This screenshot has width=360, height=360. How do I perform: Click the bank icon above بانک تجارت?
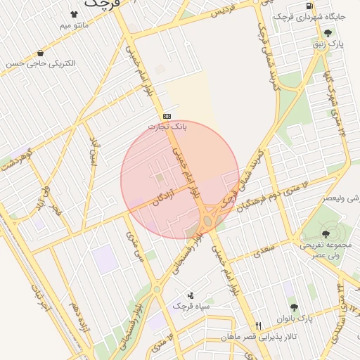(167, 116)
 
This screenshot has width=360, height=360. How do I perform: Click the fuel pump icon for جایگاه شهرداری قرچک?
(310, 6)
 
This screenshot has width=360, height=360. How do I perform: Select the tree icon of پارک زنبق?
(328, 33)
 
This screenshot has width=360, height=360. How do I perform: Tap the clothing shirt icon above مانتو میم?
(75, 14)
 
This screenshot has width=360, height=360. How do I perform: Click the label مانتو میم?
(75, 26)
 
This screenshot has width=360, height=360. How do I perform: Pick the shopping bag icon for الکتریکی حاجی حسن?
(40, 53)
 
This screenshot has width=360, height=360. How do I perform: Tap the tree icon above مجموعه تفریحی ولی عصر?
(326, 233)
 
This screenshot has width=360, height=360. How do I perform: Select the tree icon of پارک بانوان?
(294, 307)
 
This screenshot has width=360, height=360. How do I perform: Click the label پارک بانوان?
(294, 319)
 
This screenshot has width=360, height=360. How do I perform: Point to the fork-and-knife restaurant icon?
(258, 326)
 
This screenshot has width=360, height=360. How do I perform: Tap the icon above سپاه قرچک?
(191, 295)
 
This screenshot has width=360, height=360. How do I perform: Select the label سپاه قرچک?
(191, 307)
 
